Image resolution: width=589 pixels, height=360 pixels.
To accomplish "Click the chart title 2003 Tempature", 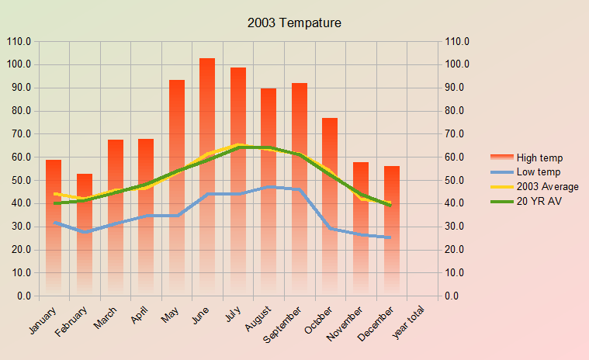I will pos(294,23).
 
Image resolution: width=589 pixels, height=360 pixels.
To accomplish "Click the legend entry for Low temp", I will pos(538,172).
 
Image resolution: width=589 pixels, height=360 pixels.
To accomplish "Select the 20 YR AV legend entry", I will pos(537,202).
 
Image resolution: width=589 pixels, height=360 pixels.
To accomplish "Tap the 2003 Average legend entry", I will pos(547,187).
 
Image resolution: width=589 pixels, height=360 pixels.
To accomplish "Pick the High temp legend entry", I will pos(539,157).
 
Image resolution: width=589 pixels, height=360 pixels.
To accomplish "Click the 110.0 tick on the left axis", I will pos(19,41).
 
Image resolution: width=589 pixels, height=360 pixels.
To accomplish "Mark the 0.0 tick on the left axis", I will pos(24,296).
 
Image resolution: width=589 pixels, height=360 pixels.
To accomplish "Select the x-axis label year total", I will pos(409,323).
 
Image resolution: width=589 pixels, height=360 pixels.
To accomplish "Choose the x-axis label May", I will pos(171,315).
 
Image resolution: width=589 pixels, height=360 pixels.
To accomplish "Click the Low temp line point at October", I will pos(331,228).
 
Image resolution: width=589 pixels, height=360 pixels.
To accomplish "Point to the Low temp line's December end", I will pos(390,237).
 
